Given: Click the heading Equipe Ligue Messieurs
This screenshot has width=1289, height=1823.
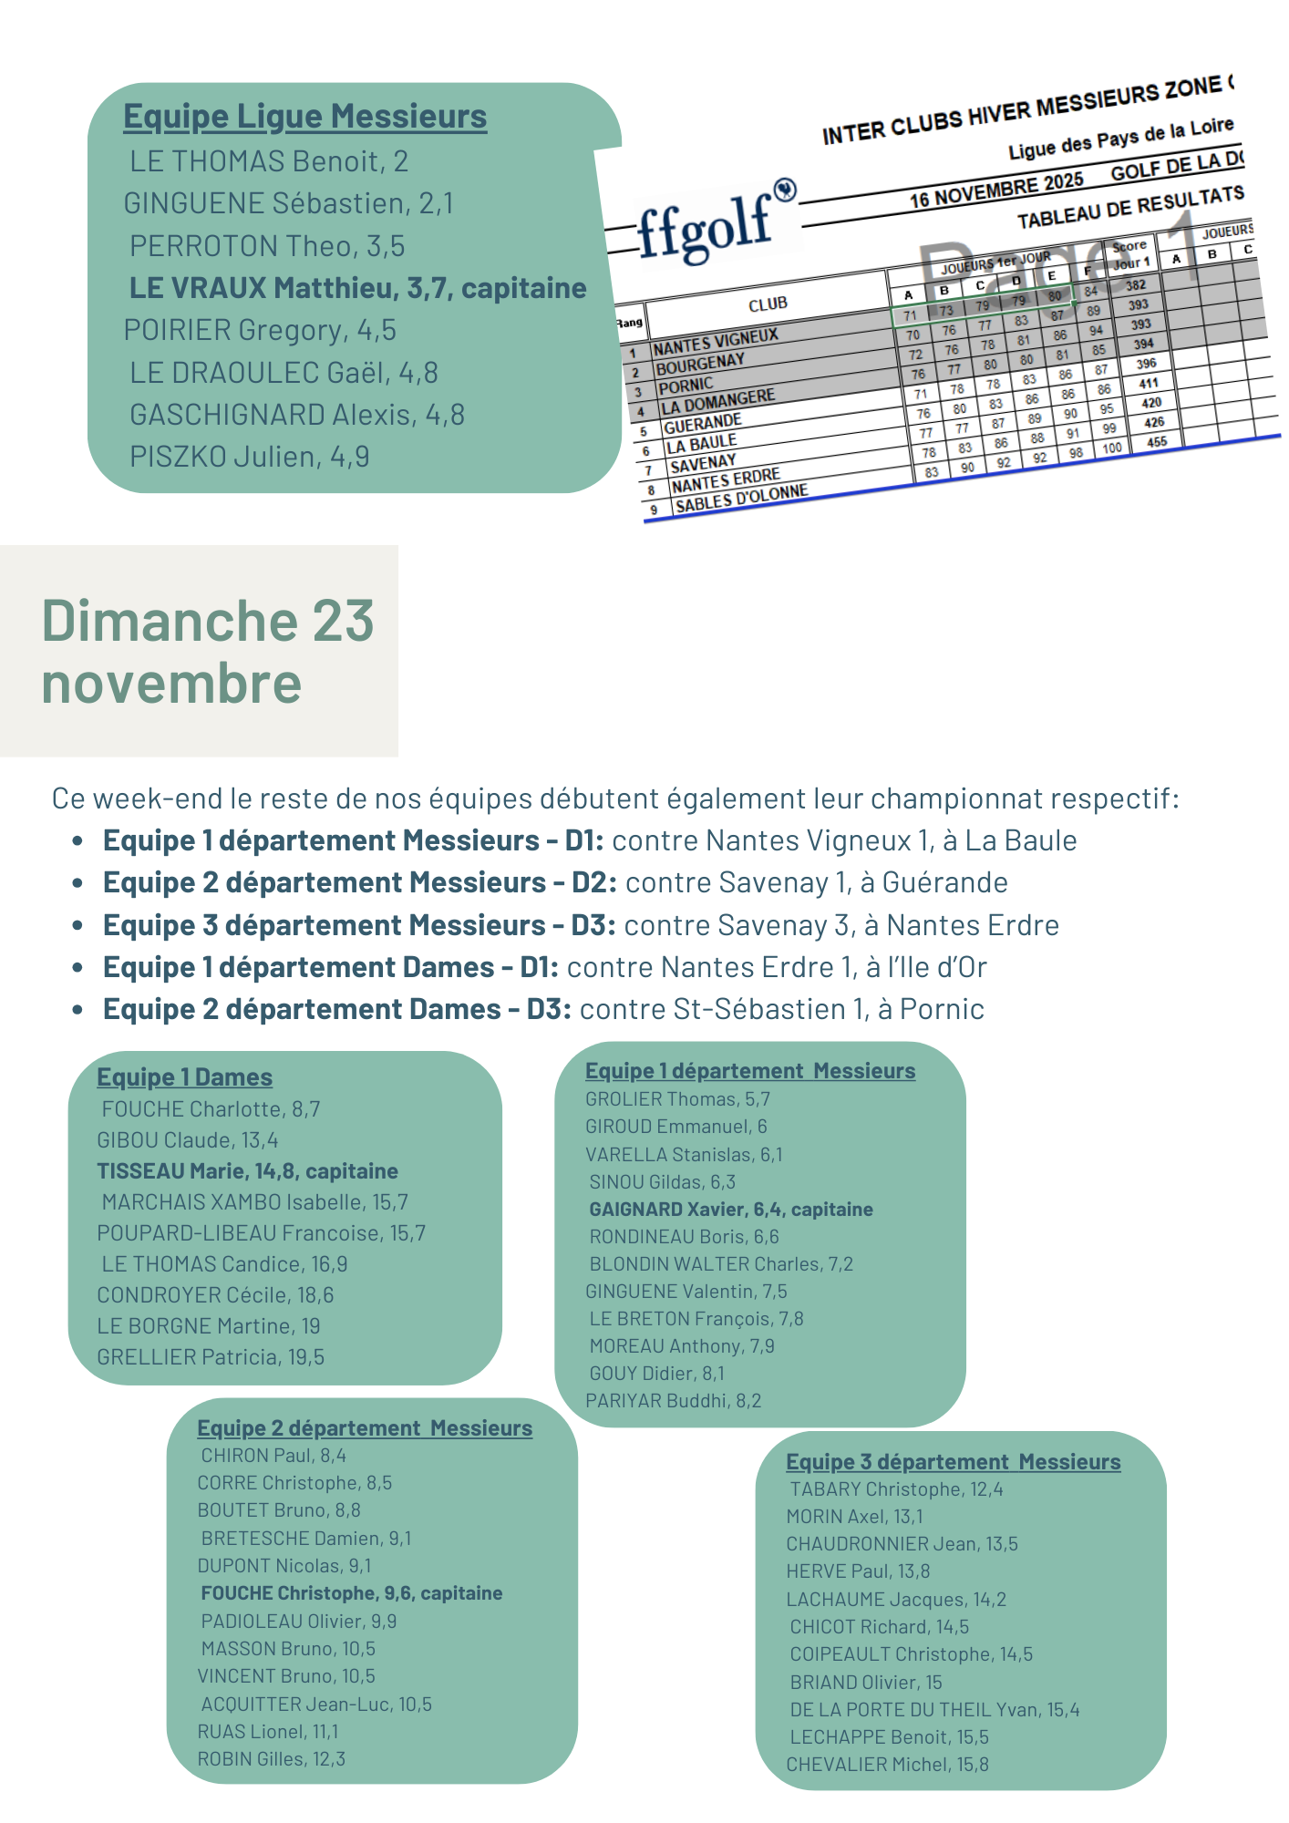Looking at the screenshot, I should pyautogui.click(x=304, y=117).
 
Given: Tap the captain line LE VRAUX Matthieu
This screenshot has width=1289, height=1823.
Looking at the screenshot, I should pyautogui.click(x=357, y=288).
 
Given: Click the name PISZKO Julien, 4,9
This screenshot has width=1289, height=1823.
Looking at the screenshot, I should pyautogui.click(x=249, y=457).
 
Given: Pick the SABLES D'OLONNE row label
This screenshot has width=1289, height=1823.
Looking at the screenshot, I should pyautogui.click(x=741, y=499).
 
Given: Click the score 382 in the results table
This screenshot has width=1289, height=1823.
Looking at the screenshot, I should pyautogui.click(x=1135, y=285).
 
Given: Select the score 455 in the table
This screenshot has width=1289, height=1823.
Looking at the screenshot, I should pyautogui.click(x=1157, y=442).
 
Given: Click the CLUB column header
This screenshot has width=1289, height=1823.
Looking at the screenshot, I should pyautogui.click(x=768, y=304).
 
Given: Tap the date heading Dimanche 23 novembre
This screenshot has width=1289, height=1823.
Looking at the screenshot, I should pyautogui.click(x=208, y=651).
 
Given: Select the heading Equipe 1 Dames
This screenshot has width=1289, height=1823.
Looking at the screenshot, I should pyautogui.click(x=184, y=1077).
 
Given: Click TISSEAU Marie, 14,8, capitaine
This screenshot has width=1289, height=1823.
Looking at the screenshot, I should pyautogui.click(x=247, y=1171).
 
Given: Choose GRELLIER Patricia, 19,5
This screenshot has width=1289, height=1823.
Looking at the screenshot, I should pyautogui.click(x=211, y=1357).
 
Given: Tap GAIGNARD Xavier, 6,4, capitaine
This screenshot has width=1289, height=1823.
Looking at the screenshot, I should pyautogui.click(x=731, y=1210).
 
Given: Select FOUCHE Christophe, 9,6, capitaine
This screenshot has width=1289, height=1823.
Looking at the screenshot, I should pyautogui.click(x=352, y=1593).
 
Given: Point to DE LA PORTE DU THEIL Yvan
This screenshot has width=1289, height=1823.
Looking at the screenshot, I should pyautogui.click(x=934, y=1710).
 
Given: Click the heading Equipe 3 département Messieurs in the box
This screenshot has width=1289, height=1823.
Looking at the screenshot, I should pyautogui.click(x=953, y=1462).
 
